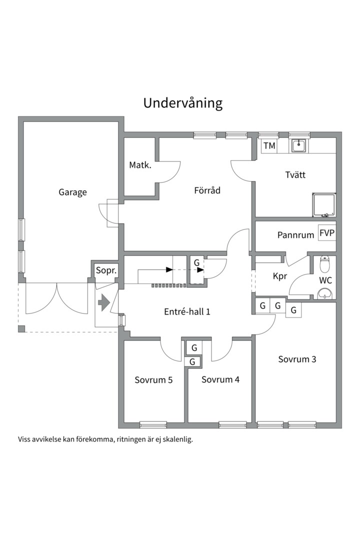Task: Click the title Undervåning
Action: point(183,103)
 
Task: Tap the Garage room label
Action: point(72,192)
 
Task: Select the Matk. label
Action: point(140,165)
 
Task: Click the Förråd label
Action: point(207,190)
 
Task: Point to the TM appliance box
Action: point(269,145)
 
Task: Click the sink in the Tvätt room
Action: point(298,146)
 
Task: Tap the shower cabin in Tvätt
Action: point(324,205)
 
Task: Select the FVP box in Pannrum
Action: point(327,233)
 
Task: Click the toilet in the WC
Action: point(324,263)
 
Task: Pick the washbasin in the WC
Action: point(325,293)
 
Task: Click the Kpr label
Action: point(279,276)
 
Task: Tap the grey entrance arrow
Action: point(103,302)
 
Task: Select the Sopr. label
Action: point(106,270)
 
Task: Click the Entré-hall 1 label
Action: point(187,311)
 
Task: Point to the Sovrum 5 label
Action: point(153,380)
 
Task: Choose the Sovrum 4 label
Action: point(220,379)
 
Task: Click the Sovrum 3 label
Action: point(297,359)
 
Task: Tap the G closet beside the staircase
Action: point(196,269)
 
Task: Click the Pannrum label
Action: point(296,235)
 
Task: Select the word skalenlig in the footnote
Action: point(178,440)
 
